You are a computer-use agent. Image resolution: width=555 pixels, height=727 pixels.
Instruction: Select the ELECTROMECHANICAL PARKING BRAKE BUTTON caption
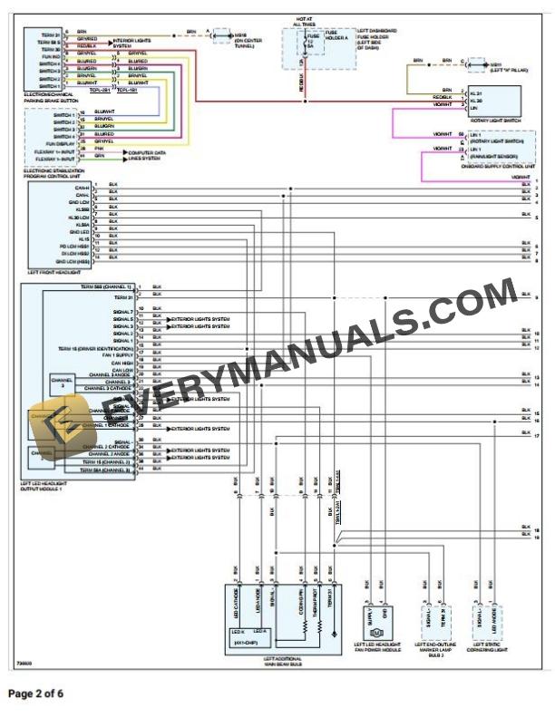(49, 97)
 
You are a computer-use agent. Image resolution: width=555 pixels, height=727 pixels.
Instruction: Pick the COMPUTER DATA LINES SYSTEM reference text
(148, 155)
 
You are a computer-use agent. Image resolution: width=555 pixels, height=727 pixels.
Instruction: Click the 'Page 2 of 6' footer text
(36, 694)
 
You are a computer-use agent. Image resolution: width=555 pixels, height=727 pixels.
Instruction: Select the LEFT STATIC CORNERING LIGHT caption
(487, 648)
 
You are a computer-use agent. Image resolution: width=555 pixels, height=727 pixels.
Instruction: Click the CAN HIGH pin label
(122, 363)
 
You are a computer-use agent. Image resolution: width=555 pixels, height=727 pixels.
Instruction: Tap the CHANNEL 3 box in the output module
(62, 384)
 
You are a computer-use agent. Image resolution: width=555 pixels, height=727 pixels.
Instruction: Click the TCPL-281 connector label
(101, 91)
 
